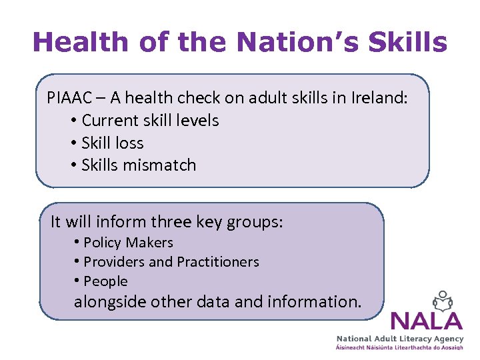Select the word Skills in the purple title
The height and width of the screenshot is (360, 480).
(408, 42)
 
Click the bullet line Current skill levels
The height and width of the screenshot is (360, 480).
(150, 121)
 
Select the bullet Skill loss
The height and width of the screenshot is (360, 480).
(112, 143)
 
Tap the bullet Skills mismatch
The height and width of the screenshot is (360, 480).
(139, 165)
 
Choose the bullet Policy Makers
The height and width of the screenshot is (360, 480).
(128, 243)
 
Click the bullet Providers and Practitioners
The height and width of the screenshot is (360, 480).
(171, 262)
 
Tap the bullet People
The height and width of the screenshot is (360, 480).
(105, 281)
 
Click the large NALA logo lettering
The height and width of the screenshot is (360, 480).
(427, 321)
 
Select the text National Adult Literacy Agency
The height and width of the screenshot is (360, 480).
(409, 339)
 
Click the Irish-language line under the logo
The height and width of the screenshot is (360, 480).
(409, 349)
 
